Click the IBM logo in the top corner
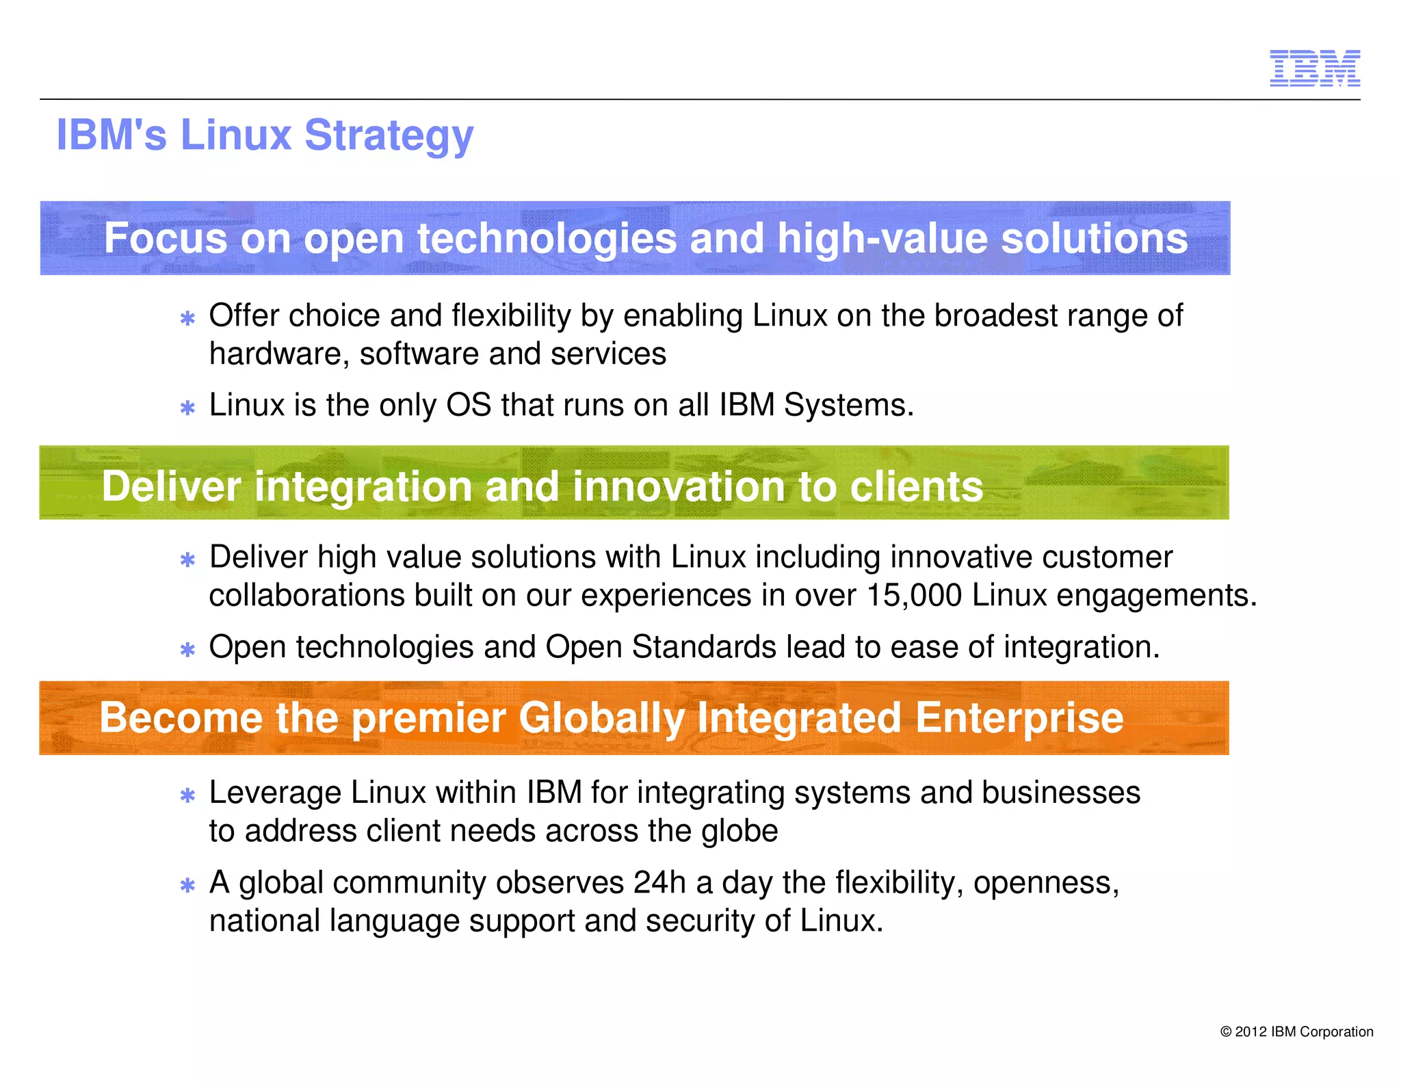1314,68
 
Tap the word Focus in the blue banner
165,239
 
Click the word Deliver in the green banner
171,486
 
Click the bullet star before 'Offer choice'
187,318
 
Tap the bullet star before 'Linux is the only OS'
187,408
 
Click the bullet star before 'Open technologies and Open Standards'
187,649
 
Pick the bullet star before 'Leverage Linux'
187,795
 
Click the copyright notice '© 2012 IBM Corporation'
1296,1031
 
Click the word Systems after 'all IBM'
848,405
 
